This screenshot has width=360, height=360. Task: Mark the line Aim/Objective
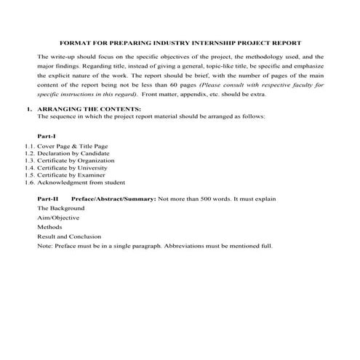point(58,217)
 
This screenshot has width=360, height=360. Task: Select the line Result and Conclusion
point(69,236)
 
